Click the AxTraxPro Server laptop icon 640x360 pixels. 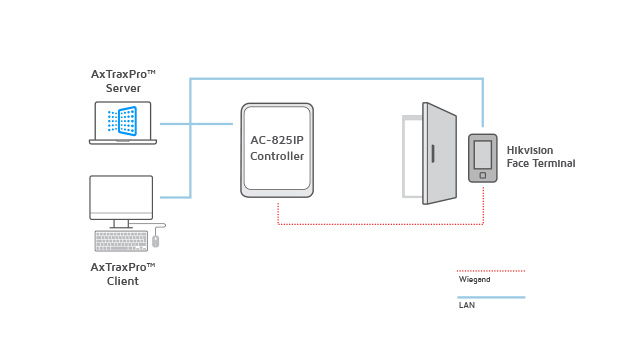tap(123, 123)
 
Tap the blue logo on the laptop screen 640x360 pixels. tap(122, 121)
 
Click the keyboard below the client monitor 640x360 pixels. tap(121, 241)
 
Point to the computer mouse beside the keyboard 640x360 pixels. tap(156, 241)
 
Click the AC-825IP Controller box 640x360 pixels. tap(277, 150)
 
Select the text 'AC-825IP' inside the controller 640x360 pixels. tap(277, 140)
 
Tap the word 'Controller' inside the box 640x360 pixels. tap(277, 156)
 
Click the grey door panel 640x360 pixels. tap(440, 153)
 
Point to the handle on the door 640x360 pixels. tap(433, 154)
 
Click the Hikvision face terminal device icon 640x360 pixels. tap(483, 158)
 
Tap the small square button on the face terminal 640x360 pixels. tap(483, 175)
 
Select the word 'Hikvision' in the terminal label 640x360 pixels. tap(530, 150)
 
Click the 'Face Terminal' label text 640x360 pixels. tap(541, 163)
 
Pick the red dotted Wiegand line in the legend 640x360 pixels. tap(491, 271)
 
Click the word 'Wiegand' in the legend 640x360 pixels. tap(474, 280)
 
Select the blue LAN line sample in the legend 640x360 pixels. tap(491, 297)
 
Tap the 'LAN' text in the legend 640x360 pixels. tap(467, 305)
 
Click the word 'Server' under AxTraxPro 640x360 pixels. tap(123, 88)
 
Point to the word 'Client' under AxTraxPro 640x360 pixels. tap(123, 281)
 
